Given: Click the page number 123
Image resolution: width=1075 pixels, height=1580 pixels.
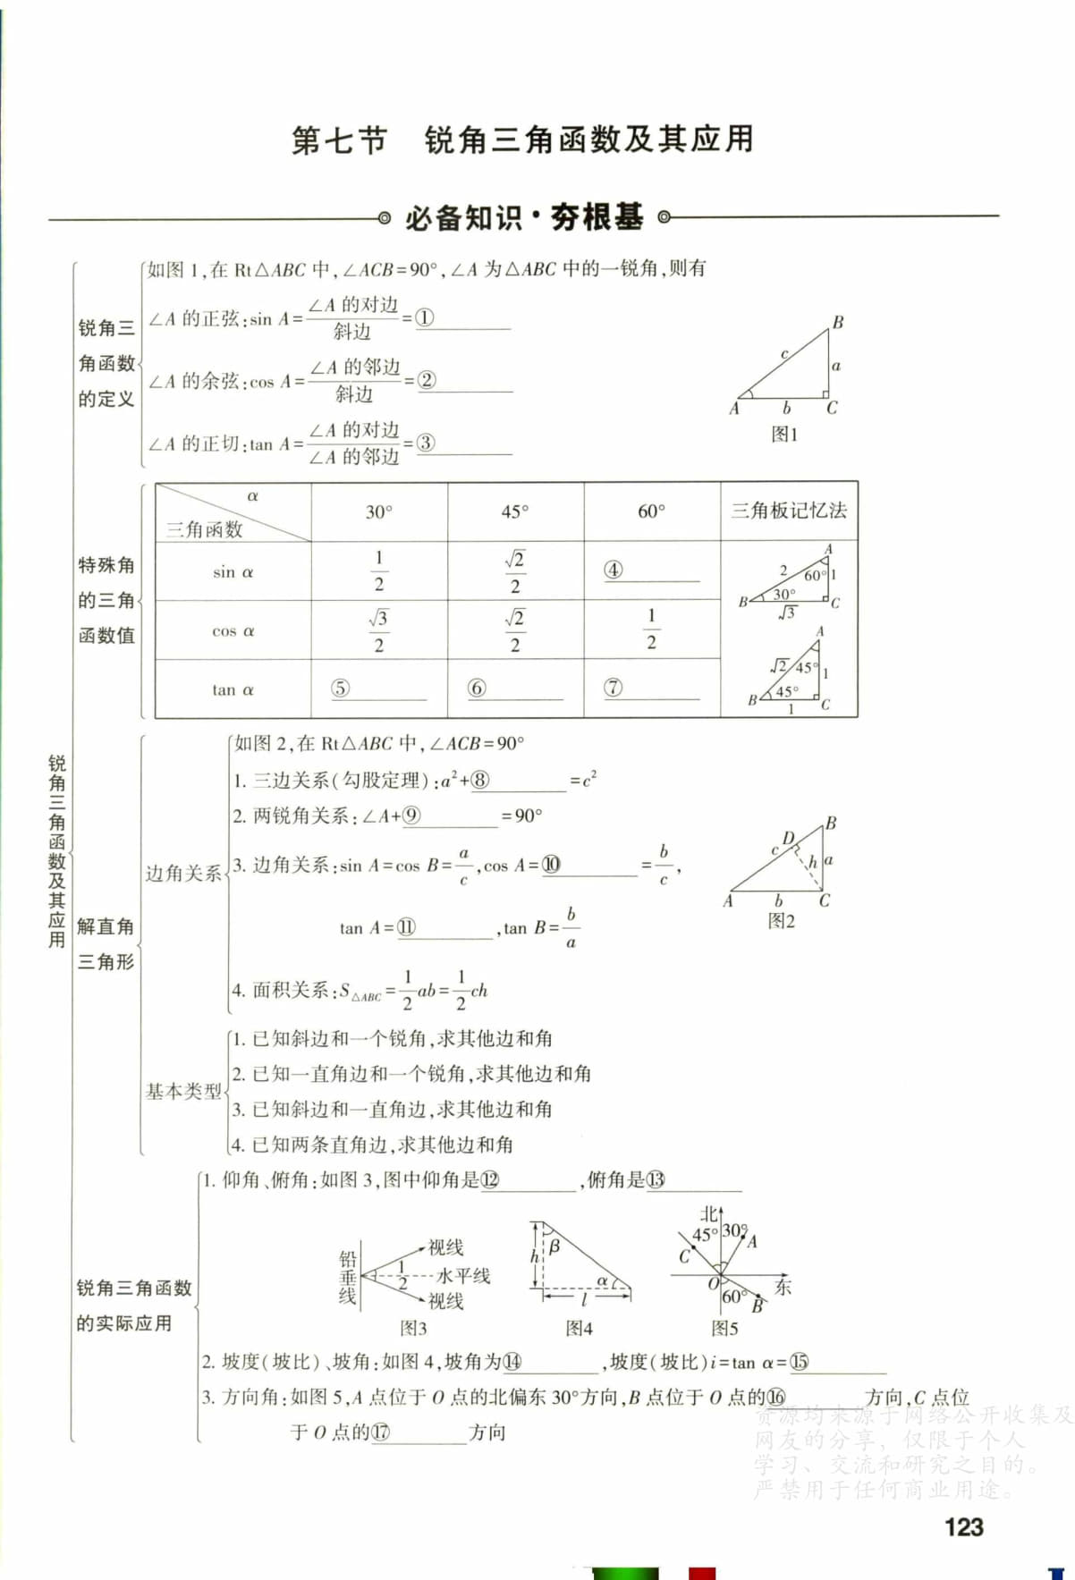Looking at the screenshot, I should click(x=963, y=1527).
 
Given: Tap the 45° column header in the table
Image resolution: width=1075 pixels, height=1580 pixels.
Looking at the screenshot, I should click(x=514, y=511).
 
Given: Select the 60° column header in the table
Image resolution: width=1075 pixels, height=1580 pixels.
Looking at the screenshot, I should click(x=651, y=511).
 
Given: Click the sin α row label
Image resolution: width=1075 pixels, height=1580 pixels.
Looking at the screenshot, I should click(x=233, y=572).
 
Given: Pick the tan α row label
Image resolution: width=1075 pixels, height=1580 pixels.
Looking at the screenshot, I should click(x=233, y=689).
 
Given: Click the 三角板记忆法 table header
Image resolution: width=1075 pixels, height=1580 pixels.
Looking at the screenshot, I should click(x=789, y=511).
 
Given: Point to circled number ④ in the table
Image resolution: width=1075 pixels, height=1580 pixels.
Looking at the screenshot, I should click(x=614, y=570).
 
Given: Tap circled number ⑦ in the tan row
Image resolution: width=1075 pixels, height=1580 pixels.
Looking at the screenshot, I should click(x=613, y=688).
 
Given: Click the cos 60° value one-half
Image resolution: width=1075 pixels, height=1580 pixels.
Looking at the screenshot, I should click(x=651, y=629).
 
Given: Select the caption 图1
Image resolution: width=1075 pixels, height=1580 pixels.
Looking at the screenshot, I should click(x=784, y=435).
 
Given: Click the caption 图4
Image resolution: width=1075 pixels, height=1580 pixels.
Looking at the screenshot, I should click(x=579, y=1329).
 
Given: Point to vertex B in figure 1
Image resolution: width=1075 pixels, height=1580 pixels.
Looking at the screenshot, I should click(x=838, y=322).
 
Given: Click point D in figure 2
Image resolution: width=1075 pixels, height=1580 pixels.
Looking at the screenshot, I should click(x=788, y=838).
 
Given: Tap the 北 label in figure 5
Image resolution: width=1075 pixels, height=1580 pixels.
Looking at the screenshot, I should click(x=708, y=1213).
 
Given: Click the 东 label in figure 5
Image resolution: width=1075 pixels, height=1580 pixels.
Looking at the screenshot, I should click(x=783, y=1287).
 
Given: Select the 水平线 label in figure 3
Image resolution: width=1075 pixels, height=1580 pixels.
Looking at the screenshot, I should click(x=463, y=1275).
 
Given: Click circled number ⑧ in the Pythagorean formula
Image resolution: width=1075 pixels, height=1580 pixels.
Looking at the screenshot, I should click(x=480, y=780).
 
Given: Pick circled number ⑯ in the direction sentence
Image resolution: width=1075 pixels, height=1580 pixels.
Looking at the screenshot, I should click(x=775, y=1397).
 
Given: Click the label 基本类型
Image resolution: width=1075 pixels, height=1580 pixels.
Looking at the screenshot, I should click(x=183, y=1091).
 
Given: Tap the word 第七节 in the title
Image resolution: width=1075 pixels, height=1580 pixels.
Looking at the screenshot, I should click(x=339, y=140).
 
